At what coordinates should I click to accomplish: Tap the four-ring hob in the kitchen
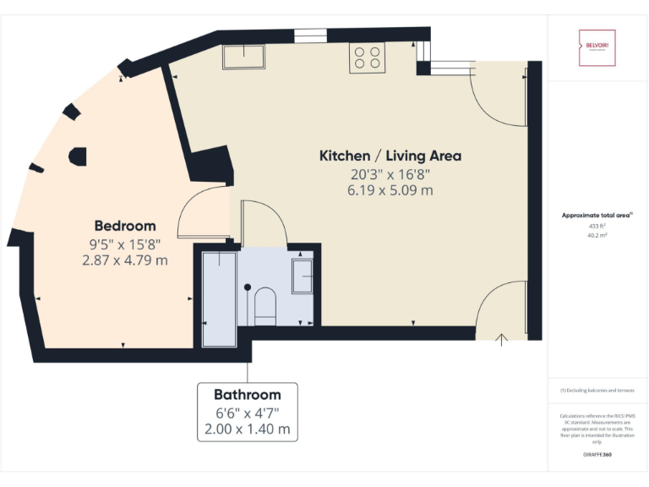click(x=367, y=58)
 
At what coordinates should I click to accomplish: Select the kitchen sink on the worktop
click(x=243, y=57)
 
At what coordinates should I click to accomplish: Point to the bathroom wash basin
click(x=302, y=276)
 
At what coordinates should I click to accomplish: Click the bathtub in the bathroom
click(x=219, y=298)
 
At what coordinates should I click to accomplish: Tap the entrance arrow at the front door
click(x=501, y=340)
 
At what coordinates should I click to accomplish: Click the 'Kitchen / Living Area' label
click(x=390, y=156)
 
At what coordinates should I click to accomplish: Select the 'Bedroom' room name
click(x=125, y=226)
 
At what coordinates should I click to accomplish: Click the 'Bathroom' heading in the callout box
click(x=247, y=395)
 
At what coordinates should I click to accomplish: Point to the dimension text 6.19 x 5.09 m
click(x=391, y=191)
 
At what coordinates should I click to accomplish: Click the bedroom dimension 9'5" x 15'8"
click(x=124, y=243)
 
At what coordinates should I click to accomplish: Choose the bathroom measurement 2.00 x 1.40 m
click(x=247, y=430)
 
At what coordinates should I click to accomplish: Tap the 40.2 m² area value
click(x=597, y=236)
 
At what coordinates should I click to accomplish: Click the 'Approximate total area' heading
click(x=597, y=216)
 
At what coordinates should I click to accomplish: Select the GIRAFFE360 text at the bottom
click(x=597, y=455)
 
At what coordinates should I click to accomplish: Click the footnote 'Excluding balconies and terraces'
click(x=597, y=390)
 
